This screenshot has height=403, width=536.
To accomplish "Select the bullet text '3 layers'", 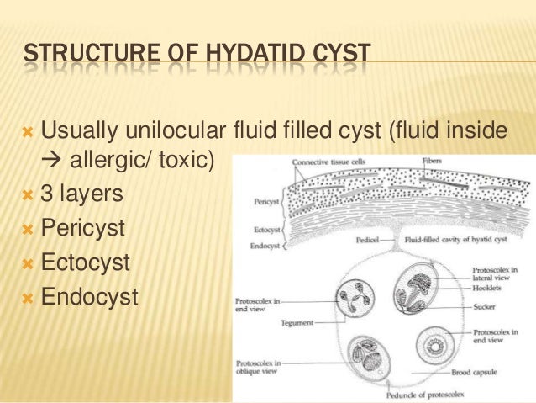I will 81,194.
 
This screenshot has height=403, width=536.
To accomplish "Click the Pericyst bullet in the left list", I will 85,228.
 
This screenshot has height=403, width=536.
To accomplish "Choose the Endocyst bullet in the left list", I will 89,296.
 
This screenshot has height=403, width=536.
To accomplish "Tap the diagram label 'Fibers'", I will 429,161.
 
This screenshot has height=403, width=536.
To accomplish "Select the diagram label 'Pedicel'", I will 366,239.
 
